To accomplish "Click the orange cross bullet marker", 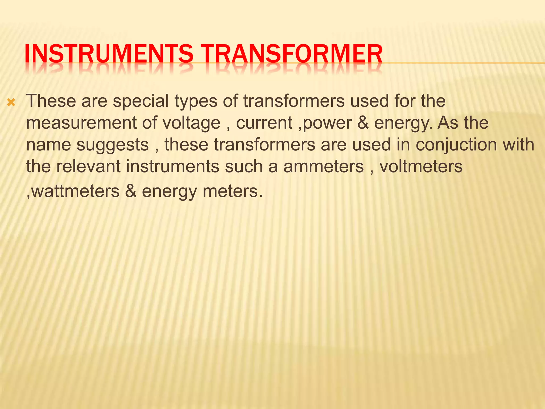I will [x=11, y=102].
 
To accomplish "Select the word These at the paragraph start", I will [x=51, y=101].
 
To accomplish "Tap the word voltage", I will [x=191, y=123].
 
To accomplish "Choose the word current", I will [x=264, y=123].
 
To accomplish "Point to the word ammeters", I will [x=323, y=166].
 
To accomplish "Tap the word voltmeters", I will [x=421, y=166].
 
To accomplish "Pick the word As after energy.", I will [x=448, y=123].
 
